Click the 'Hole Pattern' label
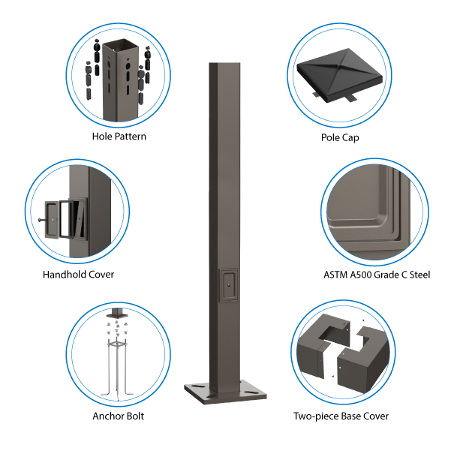point(119,137)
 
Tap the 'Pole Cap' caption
point(340,137)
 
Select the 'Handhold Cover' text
point(78,275)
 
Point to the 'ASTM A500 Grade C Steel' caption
point(377,275)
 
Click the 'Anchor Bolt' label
point(119,416)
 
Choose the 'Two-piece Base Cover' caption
point(341,416)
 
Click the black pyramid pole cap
point(340,75)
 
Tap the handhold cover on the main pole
point(229,285)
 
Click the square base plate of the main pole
point(225,392)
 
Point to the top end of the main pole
point(224,63)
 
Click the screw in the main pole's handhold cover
point(229,285)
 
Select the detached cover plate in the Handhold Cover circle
point(52,219)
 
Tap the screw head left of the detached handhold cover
point(40,220)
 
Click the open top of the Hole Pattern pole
point(121,46)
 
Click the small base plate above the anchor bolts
point(117,315)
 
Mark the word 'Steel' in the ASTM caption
point(419,275)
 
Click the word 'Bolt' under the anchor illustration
point(135,416)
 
